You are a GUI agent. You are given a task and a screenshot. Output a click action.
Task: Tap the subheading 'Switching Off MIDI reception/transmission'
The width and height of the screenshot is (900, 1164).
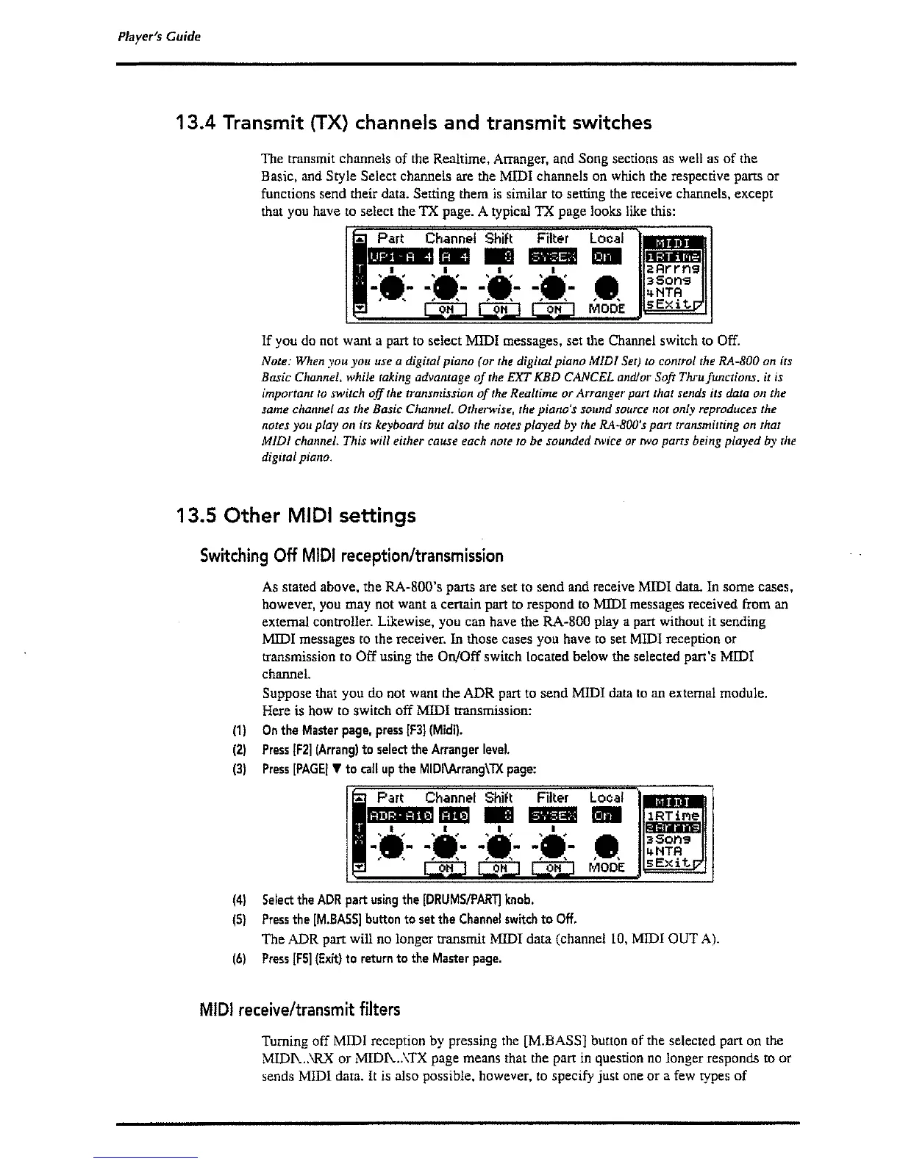point(351,556)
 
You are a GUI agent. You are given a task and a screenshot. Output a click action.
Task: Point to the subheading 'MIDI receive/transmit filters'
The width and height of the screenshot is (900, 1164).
point(300,1009)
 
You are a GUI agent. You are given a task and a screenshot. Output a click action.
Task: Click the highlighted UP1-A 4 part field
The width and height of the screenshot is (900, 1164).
point(400,256)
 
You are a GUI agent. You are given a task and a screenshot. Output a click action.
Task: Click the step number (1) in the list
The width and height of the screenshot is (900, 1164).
point(238,730)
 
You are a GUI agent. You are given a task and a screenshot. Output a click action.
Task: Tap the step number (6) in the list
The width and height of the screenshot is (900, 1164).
point(238,958)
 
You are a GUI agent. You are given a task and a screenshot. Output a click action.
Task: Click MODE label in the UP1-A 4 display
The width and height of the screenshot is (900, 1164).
point(607,309)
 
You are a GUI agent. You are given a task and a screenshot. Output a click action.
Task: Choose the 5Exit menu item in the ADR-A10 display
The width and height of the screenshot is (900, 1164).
point(672,865)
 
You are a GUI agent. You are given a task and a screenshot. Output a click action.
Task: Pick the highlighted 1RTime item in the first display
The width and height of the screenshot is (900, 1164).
point(673,256)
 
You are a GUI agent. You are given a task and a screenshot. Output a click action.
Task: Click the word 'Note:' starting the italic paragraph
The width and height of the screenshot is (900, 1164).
point(276,362)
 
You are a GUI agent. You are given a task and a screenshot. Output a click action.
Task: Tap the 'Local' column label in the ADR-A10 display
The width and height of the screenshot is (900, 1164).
point(606,798)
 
